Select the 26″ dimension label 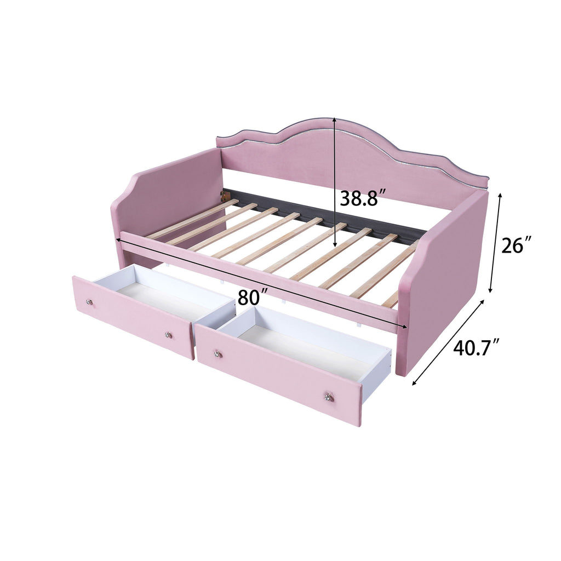coord(517,245)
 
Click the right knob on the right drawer coord(329,397)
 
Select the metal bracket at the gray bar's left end coord(223,194)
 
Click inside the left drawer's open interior coord(159,296)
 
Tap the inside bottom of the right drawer coord(307,351)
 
